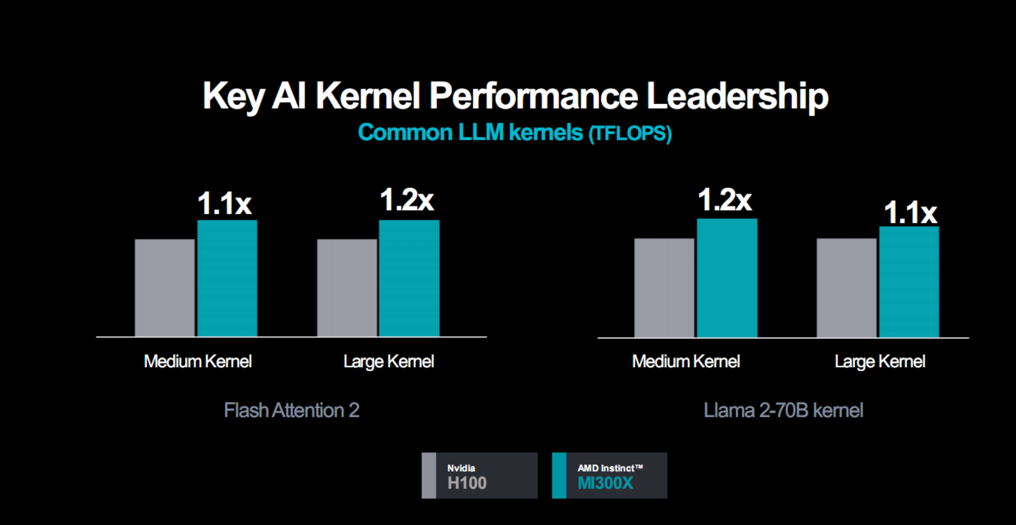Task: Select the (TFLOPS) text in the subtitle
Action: [630, 133]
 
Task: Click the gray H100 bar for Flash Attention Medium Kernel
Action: [165, 288]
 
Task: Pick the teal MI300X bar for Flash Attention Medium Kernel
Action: [227, 278]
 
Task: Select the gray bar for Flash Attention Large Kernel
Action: [347, 288]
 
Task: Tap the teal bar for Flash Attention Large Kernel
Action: [409, 278]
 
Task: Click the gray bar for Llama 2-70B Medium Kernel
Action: [664, 288]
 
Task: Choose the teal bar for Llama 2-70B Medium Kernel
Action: [727, 278]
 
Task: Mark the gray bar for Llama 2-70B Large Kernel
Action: [847, 288]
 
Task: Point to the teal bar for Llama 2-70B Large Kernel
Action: [909, 282]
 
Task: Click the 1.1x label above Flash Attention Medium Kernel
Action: [224, 204]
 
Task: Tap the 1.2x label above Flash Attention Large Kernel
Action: [406, 200]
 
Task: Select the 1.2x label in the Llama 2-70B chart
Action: [724, 200]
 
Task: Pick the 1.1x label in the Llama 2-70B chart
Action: [910, 212]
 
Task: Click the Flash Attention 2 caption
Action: [291, 410]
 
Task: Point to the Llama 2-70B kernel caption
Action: [783, 410]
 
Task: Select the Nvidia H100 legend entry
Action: [479, 476]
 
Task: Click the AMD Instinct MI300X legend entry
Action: [609, 476]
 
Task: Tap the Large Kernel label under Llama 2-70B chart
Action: [880, 361]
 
